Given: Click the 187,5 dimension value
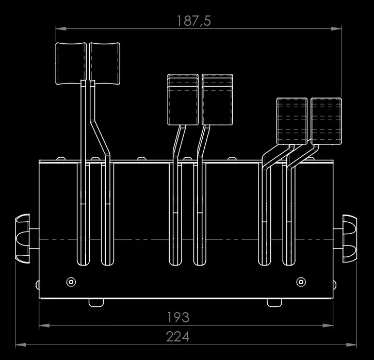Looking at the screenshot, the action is point(194,21).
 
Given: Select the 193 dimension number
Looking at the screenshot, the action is point(178,317).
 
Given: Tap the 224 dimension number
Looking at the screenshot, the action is point(177,336).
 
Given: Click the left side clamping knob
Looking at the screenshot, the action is point(23,238).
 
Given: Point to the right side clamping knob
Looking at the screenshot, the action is point(350,239).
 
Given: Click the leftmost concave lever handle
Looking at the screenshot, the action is point(71,63).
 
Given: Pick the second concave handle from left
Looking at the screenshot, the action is point(105,63).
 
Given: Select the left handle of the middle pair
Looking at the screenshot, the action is point(183,100).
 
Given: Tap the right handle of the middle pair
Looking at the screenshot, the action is point(217,100).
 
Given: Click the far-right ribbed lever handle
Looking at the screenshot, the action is point(327,121).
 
